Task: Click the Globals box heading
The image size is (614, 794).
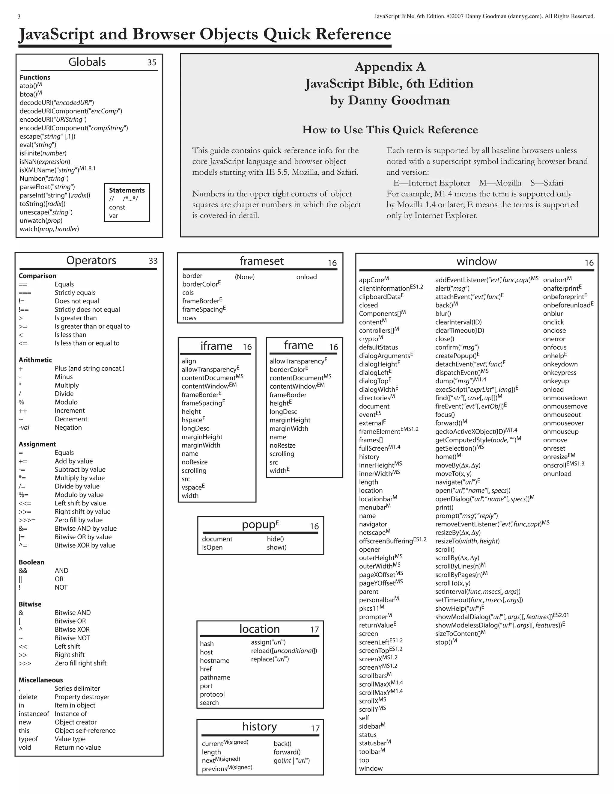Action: pos(87,62)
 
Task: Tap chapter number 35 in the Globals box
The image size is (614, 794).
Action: pos(152,63)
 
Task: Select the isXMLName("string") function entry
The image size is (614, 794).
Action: pos(49,170)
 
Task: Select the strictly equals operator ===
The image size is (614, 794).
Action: pos(25,293)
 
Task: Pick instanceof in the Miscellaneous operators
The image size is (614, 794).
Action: pos(34,714)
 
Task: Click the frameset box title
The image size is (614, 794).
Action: pos(261,261)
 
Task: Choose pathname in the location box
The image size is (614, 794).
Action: pos(215,677)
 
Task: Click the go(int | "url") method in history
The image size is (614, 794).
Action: pos(291,760)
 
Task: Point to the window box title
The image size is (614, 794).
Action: pos(476,261)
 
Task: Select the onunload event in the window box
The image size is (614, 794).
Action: pos(557,474)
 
